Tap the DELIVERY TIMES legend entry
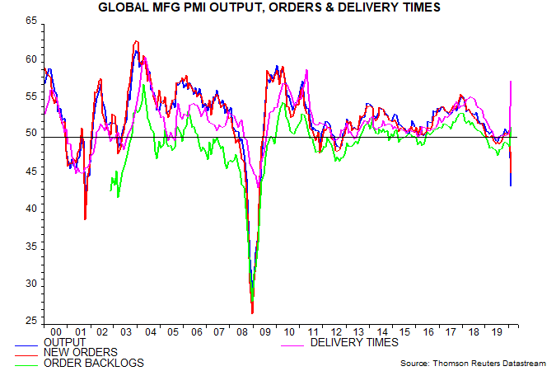pyautogui.click(x=354, y=342)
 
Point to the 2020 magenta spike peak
pyautogui.click(x=512, y=81)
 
